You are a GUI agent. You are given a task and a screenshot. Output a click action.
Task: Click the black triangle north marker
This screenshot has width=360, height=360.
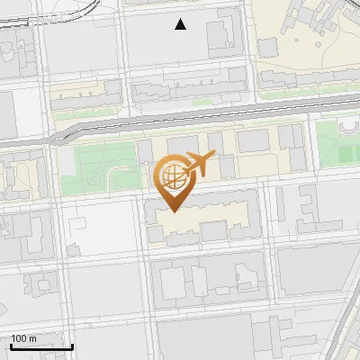(181, 24)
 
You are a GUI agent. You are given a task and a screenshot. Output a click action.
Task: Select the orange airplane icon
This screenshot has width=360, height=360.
(199, 165)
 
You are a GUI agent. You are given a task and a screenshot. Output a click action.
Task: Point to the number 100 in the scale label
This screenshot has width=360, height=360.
(19, 337)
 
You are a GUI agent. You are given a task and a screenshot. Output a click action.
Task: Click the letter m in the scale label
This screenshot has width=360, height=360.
(33, 337)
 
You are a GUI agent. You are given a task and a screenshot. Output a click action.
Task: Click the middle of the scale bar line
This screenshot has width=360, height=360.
(41, 346)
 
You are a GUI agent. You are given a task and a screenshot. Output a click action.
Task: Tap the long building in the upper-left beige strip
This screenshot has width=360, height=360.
(86, 94)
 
